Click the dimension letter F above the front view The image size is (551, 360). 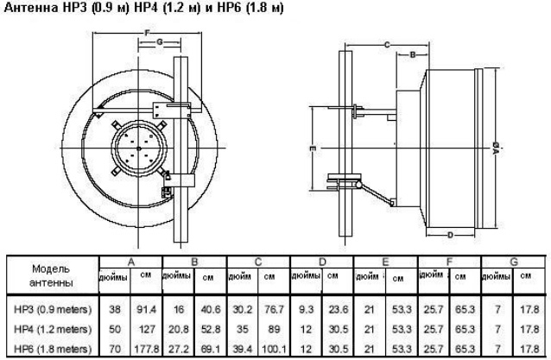click(x=147, y=33)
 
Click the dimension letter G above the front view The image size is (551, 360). click(x=160, y=42)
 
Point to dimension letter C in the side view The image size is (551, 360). click(x=387, y=45)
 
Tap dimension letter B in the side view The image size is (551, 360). click(x=413, y=54)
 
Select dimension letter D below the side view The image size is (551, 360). click(x=450, y=235)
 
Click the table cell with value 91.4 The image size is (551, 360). click(x=146, y=309)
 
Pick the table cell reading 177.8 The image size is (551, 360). click(x=146, y=349)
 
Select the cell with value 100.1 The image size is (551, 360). click(x=274, y=349)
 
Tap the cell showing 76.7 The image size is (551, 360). click(x=274, y=309)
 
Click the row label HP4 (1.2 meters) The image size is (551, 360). click(x=53, y=330)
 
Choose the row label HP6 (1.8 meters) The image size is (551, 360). click(x=53, y=349)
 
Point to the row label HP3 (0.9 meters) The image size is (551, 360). click(x=53, y=309)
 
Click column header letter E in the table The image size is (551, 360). click(x=385, y=262)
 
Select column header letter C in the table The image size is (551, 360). click(x=258, y=262)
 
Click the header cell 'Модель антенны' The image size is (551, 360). click(x=51, y=275)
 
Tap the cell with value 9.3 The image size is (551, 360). click(x=306, y=309)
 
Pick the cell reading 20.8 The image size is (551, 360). click(x=179, y=330)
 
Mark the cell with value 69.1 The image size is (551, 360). click(x=210, y=349)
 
